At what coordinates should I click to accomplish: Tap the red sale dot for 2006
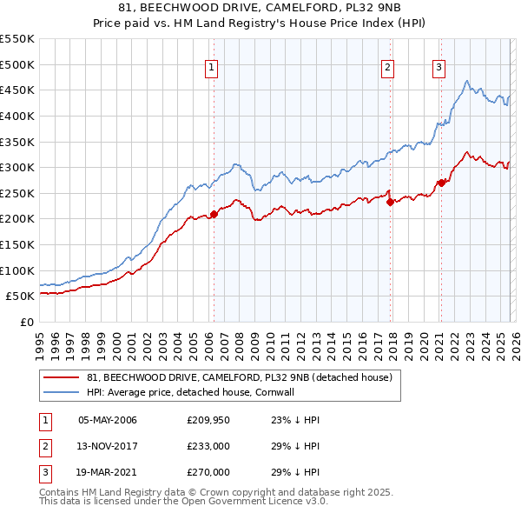[214, 214]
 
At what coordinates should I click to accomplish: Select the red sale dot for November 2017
[390, 202]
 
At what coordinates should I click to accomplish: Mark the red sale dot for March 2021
[441, 183]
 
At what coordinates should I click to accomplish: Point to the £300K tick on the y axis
[17, 167]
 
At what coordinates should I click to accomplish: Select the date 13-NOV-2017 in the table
[108, 446]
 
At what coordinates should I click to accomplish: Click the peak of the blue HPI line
[467, 82]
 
